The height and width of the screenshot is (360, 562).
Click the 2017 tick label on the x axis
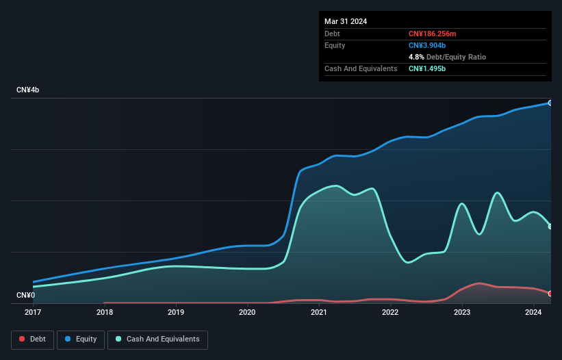(33, 313)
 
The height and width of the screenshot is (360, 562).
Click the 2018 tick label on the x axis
(105, 313)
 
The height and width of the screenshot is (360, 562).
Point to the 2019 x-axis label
(176, 313)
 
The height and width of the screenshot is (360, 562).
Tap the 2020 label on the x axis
(247, 313)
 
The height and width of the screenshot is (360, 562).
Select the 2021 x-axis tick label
(318, 313)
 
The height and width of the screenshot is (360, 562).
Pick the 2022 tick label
(390, 313)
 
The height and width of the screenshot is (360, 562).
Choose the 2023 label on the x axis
(461, 313)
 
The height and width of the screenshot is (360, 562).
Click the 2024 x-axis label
(533, 313)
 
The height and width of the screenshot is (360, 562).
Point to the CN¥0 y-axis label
(25, 296)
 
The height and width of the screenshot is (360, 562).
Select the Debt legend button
(32, 339)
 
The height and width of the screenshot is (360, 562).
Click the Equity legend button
(81, 339)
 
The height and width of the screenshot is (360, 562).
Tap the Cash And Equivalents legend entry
(157, 339)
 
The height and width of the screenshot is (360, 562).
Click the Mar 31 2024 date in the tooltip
(346, 21)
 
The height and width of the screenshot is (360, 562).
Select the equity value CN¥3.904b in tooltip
(427, 45)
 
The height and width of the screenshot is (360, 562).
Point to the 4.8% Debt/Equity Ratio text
(447, 57)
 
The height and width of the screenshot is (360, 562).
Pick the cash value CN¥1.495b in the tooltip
(427, 68)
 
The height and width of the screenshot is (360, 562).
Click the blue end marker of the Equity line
(550, 103)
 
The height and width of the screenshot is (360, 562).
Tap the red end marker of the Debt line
(550, 294)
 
